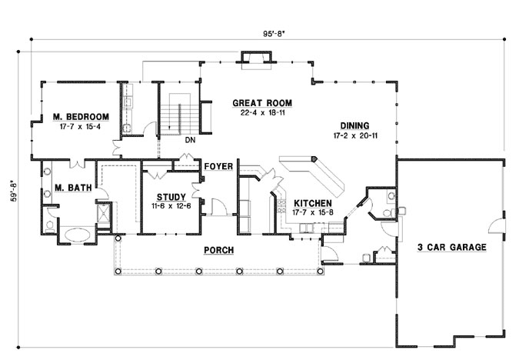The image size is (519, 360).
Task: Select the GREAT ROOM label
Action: (262, 103)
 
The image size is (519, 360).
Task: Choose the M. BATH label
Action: (68, 187)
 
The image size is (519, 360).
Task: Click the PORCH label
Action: (218, 251)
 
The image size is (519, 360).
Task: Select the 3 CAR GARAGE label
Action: (450, 248)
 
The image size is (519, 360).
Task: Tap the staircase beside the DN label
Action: (178, 115)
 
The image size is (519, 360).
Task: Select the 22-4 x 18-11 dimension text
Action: (262, 112)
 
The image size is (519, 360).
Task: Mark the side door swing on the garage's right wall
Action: (497, 225)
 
